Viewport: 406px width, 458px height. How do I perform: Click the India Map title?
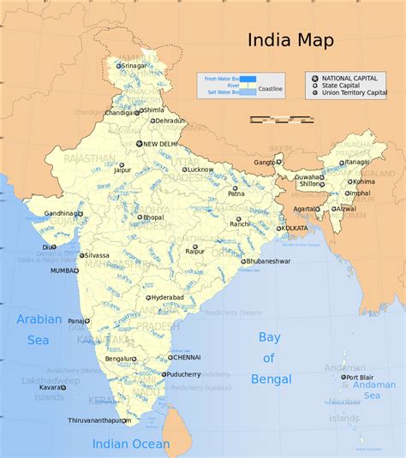(x=290, y=40)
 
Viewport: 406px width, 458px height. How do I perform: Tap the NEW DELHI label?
(x=160, y=144)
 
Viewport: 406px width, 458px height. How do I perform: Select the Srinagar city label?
(x=134, y=66)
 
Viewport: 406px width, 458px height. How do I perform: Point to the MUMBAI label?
(x=64, y=271)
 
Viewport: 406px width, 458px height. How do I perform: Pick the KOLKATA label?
(x=294, y=229)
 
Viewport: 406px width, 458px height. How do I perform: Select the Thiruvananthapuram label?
(x=100, y=421)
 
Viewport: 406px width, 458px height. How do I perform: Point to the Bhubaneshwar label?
(x=269, y=261)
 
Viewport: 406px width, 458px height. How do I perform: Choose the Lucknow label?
(x=200, y=170)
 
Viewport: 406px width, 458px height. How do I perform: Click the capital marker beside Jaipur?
(x=121, y=164)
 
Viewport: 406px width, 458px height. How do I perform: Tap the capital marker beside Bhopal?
(x=140, y=217)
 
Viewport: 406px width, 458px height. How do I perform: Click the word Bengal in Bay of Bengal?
(x=271, y=379)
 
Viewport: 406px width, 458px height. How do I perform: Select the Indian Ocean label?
(x=131, y=444)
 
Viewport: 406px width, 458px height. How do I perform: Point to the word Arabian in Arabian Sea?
(x=39, y=319)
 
